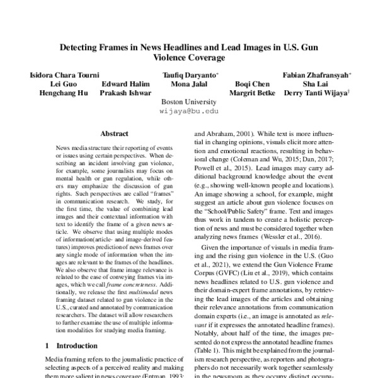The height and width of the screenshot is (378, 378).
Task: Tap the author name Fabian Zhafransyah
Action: (x=316, y=74)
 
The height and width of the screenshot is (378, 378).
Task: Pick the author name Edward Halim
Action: (x=125, y=84)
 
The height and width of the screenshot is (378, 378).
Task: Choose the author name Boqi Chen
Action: (x=251, y=84)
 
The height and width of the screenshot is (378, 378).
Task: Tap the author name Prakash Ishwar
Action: (x=125, y=93)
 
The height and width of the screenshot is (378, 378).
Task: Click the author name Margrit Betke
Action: (x=251, y=93)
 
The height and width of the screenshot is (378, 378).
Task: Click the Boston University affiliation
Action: (x=189, y=102)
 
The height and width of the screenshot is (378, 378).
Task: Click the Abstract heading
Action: (x=114, y=134)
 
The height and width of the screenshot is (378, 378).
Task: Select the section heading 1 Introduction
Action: (x=72, y=346)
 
